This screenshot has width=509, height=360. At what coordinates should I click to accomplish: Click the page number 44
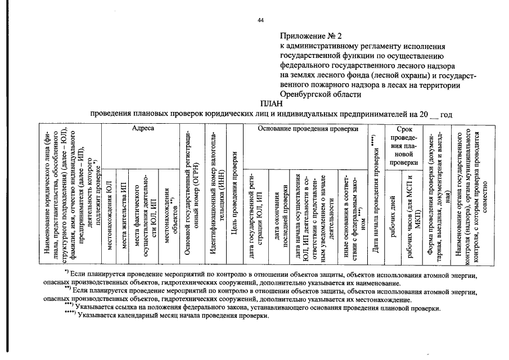coord(260,20)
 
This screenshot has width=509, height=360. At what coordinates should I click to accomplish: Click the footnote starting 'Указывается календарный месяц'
coord(174,316)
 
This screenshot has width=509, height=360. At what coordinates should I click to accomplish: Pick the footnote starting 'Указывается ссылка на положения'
coord(259,308)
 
